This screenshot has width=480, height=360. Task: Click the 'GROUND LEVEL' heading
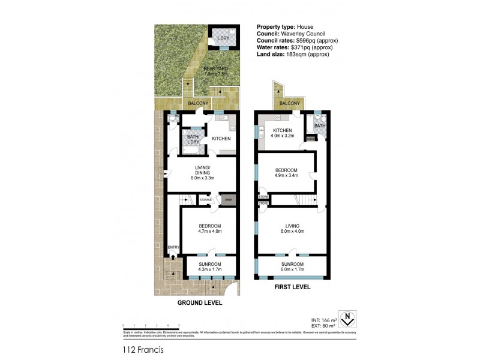tap(200, 303)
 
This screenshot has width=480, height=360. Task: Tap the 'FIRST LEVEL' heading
tap(292, 287)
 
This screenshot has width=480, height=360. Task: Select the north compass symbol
tap(346, 318)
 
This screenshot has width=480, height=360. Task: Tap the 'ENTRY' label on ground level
tap(173, 247)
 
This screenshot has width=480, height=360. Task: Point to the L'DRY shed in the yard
tap(223, 40)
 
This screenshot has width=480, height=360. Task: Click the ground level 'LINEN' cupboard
tap(227, 200)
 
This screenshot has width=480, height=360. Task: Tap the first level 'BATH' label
tap(320, 127)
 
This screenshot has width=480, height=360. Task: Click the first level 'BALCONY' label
tap(289, 104)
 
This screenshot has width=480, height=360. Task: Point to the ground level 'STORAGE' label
tap(206, 200)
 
